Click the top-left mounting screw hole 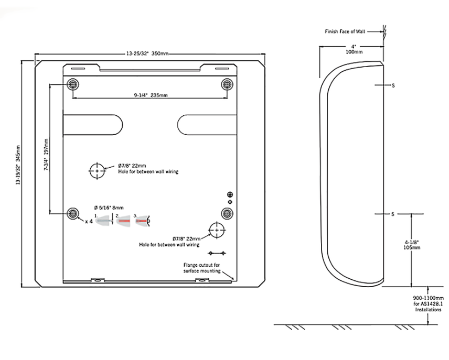73,84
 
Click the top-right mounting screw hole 227,84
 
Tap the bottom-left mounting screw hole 73,213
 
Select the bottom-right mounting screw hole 227,213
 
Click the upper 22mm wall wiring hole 97,171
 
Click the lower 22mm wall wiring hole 217,230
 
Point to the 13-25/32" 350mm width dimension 147,53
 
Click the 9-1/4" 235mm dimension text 151,95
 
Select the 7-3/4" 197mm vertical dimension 46,155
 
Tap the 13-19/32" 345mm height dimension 18,165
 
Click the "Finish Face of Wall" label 345,31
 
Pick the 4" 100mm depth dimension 354,49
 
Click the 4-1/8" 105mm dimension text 412,245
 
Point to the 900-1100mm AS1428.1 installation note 428,303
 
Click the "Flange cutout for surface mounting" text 202,268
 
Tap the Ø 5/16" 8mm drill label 109,208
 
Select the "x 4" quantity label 89,221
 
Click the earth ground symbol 230,194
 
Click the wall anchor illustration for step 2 123,221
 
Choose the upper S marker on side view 393,85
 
